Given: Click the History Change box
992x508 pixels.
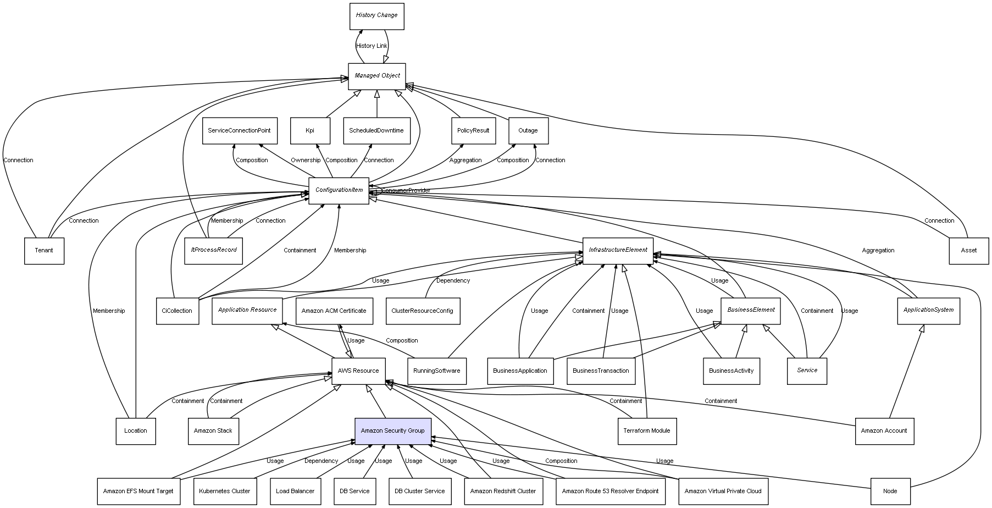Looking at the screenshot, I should pyautogui.click(x=376, y=16).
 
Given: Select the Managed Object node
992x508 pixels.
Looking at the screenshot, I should pyautogui.click(x=376, y=76).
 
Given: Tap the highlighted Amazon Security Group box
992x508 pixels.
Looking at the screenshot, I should pyautogui.click(x=392, y=431).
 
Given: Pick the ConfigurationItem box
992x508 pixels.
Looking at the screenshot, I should pyautogui.click(x=339, y=190).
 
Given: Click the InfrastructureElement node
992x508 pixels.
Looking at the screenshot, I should pyautogui.click(x=618, y=250).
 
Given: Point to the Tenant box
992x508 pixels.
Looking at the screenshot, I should pyautogui.click(x=44, y=251).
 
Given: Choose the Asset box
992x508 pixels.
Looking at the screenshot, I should pyautogui.click(x=968, y=251).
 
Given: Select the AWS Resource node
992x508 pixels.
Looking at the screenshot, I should pyautogui.click(x=358, y=371).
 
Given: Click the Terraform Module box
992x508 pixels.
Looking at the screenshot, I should pyautogui.click(x=646, y=431).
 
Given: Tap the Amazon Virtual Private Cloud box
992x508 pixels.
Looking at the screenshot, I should pyautogui.click(x=723, y=492).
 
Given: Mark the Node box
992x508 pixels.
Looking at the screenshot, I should pyautogui.click(x=890, y=492).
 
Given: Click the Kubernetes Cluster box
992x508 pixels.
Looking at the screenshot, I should pyautogui.click(x=224, y=492).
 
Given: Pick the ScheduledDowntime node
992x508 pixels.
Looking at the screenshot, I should pyautogui.click(x=376, y=131).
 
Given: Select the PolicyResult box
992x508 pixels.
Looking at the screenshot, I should pyautogui.click(x=473, y=131).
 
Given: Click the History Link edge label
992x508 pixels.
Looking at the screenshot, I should pyautogui.click(x=372, y=46).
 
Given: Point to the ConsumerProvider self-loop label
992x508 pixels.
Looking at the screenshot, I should pyautogui.click(x=406, y=191).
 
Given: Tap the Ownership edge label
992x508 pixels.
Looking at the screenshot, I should pyautogui.click(x=305, y=161).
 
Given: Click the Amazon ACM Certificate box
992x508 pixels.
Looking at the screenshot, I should pyautogui.click(x=334, y=311).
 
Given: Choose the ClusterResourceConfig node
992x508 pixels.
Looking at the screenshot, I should pyautogui.click(x=422, y=311).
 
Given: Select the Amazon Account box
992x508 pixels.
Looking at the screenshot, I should pyautogui.click(x=884, y=431).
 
